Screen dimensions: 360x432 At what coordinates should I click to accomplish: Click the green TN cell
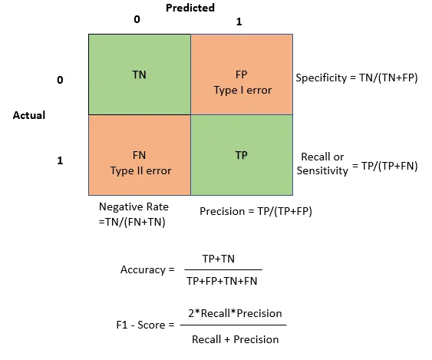pos(139,74)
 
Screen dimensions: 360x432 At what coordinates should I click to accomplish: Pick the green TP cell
pos(241,155)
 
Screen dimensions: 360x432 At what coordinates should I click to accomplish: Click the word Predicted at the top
pos(190,8)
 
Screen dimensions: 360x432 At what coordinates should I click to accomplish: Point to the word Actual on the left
pos(29,115)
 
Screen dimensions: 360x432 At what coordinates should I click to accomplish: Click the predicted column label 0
pos(137,19)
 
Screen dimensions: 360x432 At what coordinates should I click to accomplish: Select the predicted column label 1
pos(239,21)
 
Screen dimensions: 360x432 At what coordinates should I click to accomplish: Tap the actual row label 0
pos(60,80)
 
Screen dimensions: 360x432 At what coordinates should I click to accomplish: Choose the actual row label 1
pos(60,161)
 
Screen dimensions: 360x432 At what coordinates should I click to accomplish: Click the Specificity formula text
pos(357,78)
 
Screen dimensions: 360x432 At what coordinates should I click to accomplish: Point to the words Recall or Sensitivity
pos(322,164)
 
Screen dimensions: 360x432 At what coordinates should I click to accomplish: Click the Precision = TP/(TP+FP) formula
pos(256,211)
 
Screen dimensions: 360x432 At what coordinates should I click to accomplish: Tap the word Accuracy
pos(143,269)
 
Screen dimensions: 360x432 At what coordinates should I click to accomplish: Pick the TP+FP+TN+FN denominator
pos(223,281)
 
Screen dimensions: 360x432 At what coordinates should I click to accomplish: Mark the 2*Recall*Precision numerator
pos(235,313)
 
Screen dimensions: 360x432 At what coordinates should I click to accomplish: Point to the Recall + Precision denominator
pos(235,339)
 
